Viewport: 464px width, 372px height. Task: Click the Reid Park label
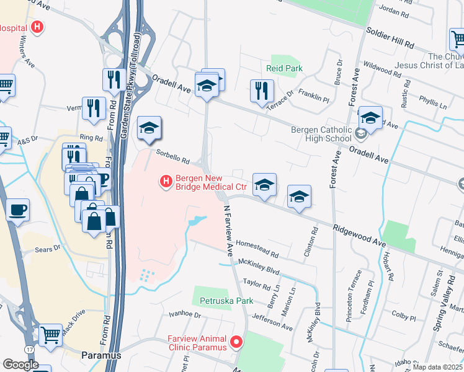pyautogui.click(x=283, y=68)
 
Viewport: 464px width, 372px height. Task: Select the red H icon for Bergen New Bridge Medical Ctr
pyautogui.click(x=166, y=181)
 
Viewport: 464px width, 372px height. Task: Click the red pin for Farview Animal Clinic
pyautogui.click(x=236, y=342)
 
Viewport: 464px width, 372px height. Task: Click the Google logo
pyautogui.click(x=20, y=365)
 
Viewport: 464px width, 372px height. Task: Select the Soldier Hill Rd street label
pyautogui.click(x=390, y=38)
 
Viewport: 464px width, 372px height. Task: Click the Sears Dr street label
pyautogui.click(x=47, y=249)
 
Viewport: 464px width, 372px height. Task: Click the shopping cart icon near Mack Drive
pyautogui.click(x=50, y=334)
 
